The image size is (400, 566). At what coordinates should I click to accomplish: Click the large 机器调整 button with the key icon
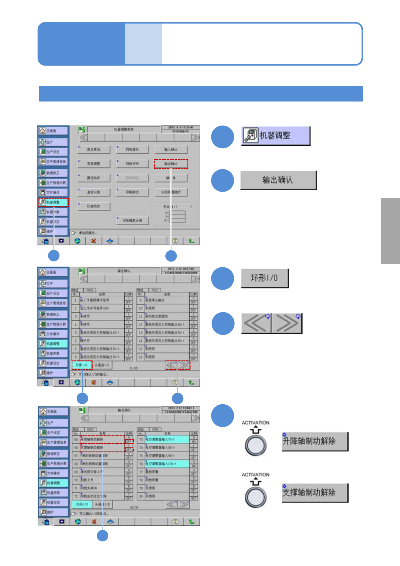coord(276,136)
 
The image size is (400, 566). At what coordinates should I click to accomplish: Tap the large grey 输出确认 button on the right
coord(278,180)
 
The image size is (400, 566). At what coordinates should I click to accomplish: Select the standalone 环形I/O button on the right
coord(265,278)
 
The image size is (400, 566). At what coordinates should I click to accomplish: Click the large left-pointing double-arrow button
coord(256,323)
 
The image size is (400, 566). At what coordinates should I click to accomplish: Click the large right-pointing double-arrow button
coord(287,323)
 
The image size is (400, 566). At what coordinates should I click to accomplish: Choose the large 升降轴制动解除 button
coord(315,441)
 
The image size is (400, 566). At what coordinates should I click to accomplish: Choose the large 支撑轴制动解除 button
coord(315,493)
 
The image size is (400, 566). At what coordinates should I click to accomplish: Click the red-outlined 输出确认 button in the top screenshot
coord(171,164)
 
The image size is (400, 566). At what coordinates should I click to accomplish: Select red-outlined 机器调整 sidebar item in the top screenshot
coord(53,202)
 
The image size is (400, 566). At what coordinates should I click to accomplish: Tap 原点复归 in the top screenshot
coord(94,150)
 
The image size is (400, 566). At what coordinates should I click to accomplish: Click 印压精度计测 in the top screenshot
coord(132,220)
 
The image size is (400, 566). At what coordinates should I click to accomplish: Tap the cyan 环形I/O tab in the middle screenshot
coord(82,365)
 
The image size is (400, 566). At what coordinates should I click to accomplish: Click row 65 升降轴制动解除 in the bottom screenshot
coord(102,439)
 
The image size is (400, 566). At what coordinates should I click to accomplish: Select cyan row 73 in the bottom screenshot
coord(167,439)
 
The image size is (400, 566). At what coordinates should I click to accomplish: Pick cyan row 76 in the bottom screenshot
coord(167,464)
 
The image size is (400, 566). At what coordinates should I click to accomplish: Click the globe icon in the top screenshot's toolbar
coord(78,241)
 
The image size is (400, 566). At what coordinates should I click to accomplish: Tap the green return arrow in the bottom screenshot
coord(191,522)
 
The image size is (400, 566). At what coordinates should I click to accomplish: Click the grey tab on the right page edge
coord(390,231)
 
